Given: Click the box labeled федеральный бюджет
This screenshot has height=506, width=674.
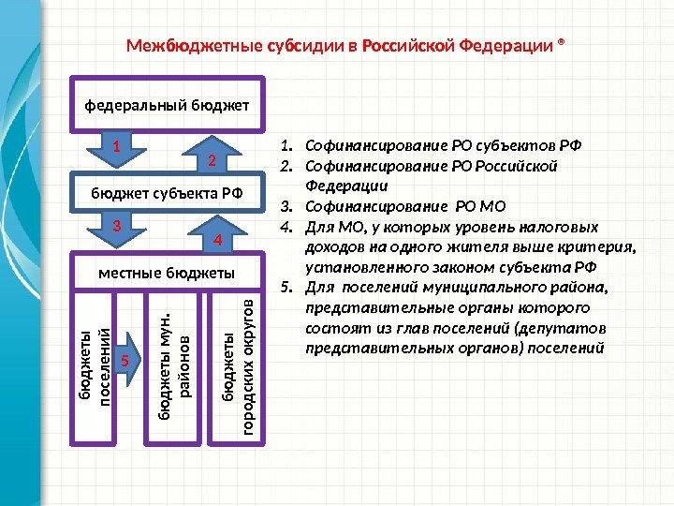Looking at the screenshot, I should coord(168,103).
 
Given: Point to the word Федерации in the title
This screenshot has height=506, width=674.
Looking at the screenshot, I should coord(506,46).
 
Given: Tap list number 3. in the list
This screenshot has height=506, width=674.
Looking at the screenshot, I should coord(286,206).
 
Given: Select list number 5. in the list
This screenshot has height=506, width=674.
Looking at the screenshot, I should coord(286,288).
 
